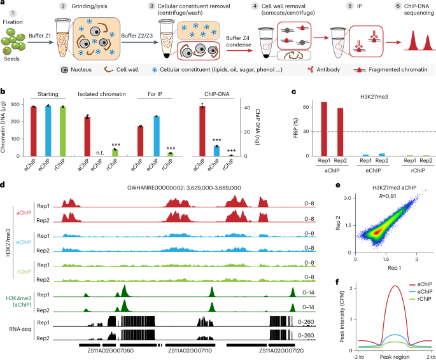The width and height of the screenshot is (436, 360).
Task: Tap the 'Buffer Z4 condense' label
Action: click(239, 41)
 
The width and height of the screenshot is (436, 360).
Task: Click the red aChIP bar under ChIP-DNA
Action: click(202, 130)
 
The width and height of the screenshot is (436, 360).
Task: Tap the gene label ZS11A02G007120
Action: click(281, 350)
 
